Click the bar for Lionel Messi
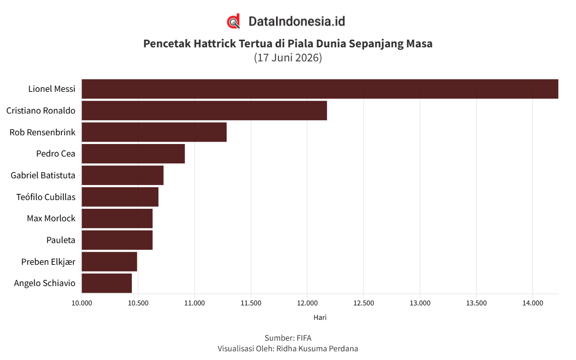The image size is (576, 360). [x=320, y=89]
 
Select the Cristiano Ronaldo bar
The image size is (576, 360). [x=204, y=111]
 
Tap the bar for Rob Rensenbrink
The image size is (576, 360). [x=155, y=132]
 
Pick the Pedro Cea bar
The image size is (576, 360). [x=133, y=154]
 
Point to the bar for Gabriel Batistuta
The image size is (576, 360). [x=123, y=175]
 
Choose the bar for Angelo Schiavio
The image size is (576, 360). [x=107, y=283]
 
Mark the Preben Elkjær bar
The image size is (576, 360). [x=110, y=261]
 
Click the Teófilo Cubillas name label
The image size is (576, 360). [x=46, y=197]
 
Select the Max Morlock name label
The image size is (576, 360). [x=51, y=218]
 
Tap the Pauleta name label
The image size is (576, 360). [x=61, y=240]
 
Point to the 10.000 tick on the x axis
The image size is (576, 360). [x=82, y=303]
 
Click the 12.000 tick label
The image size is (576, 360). [x=308, y=303]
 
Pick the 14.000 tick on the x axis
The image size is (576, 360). [x=533, y=303]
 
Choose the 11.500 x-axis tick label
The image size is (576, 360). [x=251, y=303]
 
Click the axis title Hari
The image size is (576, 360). [x=320, y=317]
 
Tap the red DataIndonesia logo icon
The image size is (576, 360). [x=233, y=21]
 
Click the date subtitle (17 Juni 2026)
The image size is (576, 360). [x=288, y=58]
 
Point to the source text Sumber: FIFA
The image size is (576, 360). [x=288, y=338]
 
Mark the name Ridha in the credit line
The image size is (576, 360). [x=286, y=348]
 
